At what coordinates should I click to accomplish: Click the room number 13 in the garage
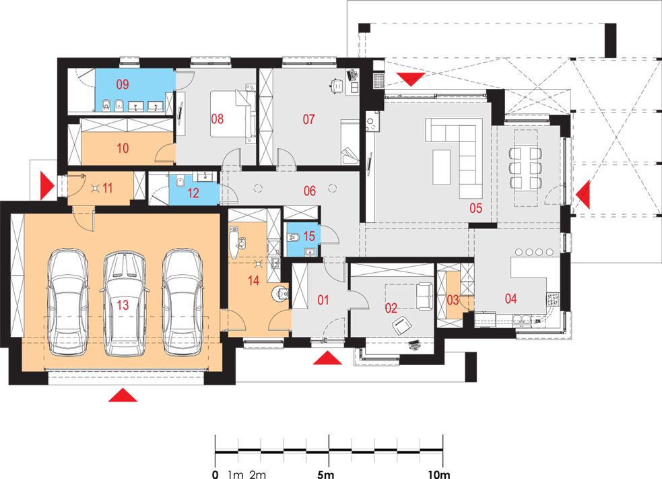point(123,305)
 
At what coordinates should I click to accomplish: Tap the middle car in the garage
point(125,303)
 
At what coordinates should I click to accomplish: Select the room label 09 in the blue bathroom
point(123,84)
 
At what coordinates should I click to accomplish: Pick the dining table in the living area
point(526,167)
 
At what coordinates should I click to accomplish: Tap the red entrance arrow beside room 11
point(47,185)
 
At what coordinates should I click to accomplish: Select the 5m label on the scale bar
point(325,474)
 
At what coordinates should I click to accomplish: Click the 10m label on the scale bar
point(439,474)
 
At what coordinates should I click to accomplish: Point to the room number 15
point(309,236)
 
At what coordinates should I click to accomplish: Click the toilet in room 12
point(180,181)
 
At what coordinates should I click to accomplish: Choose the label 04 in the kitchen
point(511,298)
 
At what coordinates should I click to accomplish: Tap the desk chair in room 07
point(336,86)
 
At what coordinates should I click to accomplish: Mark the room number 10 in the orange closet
point(123,148)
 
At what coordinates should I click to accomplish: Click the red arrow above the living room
point(410,79)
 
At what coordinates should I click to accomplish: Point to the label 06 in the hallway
point(310,191)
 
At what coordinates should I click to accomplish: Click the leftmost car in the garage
point(68,302)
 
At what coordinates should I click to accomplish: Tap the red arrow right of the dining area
point(583,195)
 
